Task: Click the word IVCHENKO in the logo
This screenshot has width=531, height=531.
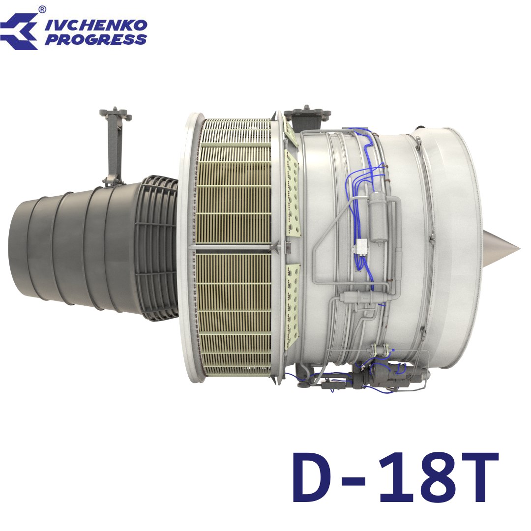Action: click(96, 25)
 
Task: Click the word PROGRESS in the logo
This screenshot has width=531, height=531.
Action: click(96, 40)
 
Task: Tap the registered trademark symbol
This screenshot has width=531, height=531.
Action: click(42, 9)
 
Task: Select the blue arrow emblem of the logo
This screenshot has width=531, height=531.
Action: click(19, 31)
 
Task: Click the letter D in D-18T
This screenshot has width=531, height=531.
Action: click(314, 477)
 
